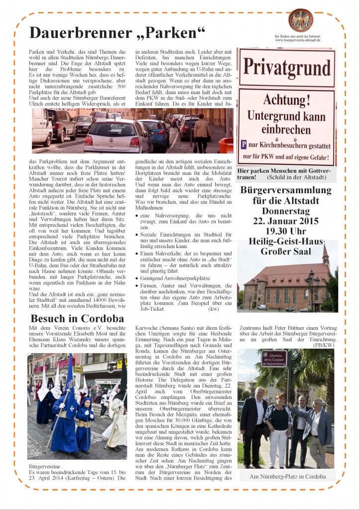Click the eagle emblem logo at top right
click(x=301, y=20)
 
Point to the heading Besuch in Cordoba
click(x=77, y=318)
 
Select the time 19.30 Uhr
click(x=287, y=231)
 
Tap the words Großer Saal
click(x=286, y=251)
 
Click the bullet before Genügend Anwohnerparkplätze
click(x=137, y=278)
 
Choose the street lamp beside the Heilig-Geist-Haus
click(x=313, y=286)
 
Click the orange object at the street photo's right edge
click(x=227, y=145)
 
